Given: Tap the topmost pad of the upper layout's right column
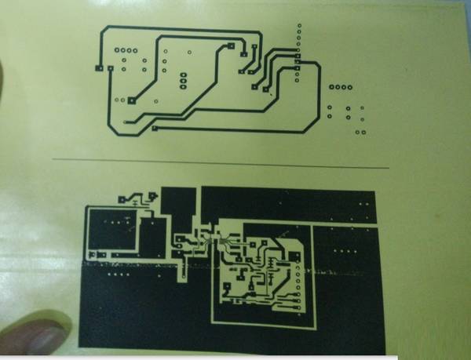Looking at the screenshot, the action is click(298, 26).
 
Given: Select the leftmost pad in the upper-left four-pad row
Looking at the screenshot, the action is click(116, 51).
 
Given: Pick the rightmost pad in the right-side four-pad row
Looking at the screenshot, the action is click(350, 86).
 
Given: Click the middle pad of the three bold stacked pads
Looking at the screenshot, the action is click(183, 80).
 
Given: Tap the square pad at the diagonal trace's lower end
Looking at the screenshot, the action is click(132, 100).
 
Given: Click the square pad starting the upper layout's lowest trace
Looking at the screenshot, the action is click(155, 127).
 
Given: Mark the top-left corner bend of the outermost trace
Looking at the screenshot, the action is click(103, 30).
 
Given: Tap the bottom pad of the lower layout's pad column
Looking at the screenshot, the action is click(298, 306).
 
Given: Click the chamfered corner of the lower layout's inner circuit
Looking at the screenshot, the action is click(298, 249).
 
